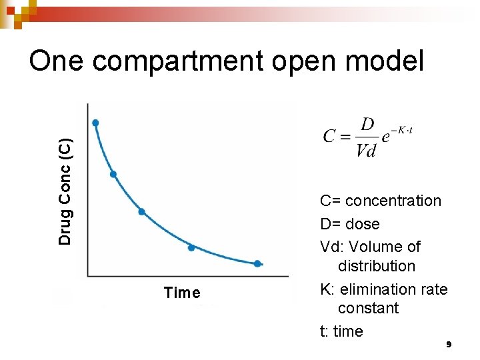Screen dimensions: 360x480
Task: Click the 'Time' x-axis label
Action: (x=182, y=293)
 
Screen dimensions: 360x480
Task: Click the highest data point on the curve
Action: (x=95, y=123)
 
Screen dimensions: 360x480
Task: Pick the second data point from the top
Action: (x=113, y=174)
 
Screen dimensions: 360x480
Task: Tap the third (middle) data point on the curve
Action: (x=141, y=212)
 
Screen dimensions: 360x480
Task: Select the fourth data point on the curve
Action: (x=191, y=247)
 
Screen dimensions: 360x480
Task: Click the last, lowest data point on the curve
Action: (x=257, y=263)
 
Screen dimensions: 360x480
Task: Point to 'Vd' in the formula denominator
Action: (x=367, y=151)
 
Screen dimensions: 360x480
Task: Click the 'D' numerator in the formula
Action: (x=367, y=125)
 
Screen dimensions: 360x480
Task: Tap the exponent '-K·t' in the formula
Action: (x=403, y=130)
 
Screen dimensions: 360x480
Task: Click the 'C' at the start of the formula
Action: (x=329, y=137)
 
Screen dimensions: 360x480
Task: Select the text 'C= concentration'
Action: (x=380, y=201)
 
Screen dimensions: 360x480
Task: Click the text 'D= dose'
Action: (x=349, y=224)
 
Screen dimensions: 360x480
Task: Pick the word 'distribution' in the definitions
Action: (x=376, y=266)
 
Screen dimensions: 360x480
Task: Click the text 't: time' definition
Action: (x=341, y=331)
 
